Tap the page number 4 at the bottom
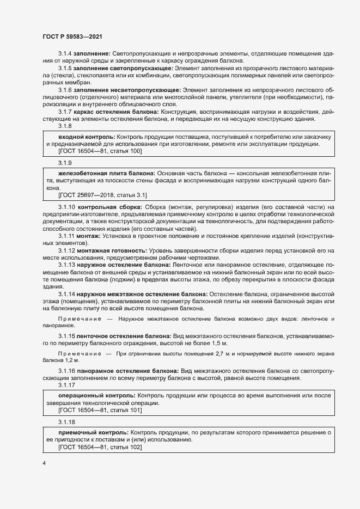tap(44, 463)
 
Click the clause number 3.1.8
tap(65, 126)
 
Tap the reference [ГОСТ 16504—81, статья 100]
tap(100, 150)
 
